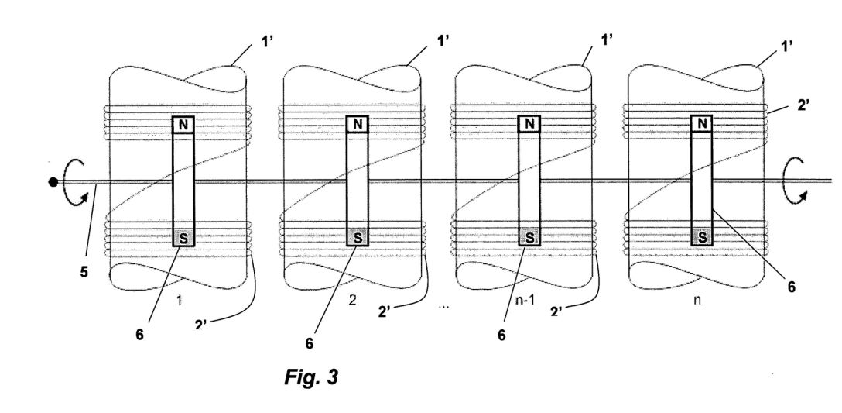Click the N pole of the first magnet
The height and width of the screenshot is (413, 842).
183,125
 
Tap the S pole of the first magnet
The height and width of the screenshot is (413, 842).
183,238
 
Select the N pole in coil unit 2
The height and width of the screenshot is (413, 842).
357,125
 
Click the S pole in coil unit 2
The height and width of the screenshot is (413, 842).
357,237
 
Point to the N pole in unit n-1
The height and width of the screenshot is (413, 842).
529,124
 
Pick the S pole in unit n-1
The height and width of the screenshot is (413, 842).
529,236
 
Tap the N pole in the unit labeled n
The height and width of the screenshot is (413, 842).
702,124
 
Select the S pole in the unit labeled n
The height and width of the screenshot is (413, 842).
702,236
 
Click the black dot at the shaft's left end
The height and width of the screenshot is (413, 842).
53,182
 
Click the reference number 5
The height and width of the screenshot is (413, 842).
84,272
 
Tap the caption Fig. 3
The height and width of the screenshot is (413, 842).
311,377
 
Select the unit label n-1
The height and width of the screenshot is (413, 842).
525,301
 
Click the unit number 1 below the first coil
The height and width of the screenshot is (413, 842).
180,301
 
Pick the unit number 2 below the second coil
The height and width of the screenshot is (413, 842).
352,300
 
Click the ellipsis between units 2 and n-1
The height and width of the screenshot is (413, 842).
443,307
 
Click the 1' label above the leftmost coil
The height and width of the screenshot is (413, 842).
268,41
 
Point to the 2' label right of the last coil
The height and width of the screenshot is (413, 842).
803,105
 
